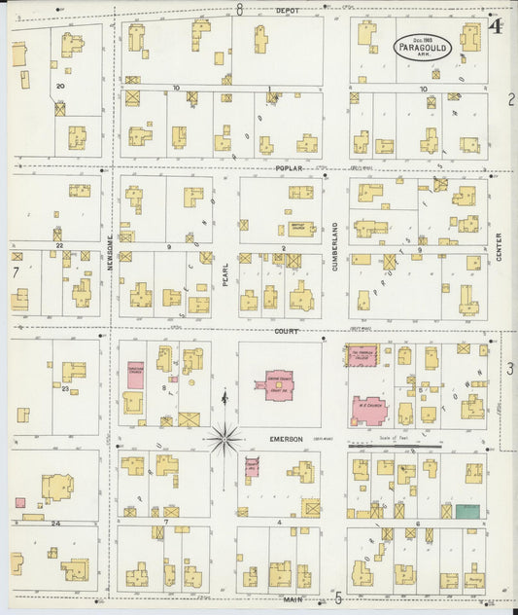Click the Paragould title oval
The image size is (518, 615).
pos(423,47)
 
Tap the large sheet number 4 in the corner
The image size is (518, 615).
pos(496,26)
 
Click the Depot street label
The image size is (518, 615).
pos(287,10)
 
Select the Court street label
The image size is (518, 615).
pos(286,331)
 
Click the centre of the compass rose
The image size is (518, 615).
pos(224,439)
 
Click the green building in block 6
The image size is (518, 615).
pos(467,510)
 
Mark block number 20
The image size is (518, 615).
pos(59,87)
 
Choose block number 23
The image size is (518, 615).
pos(65,388)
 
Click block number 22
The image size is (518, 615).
pos(59,246)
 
